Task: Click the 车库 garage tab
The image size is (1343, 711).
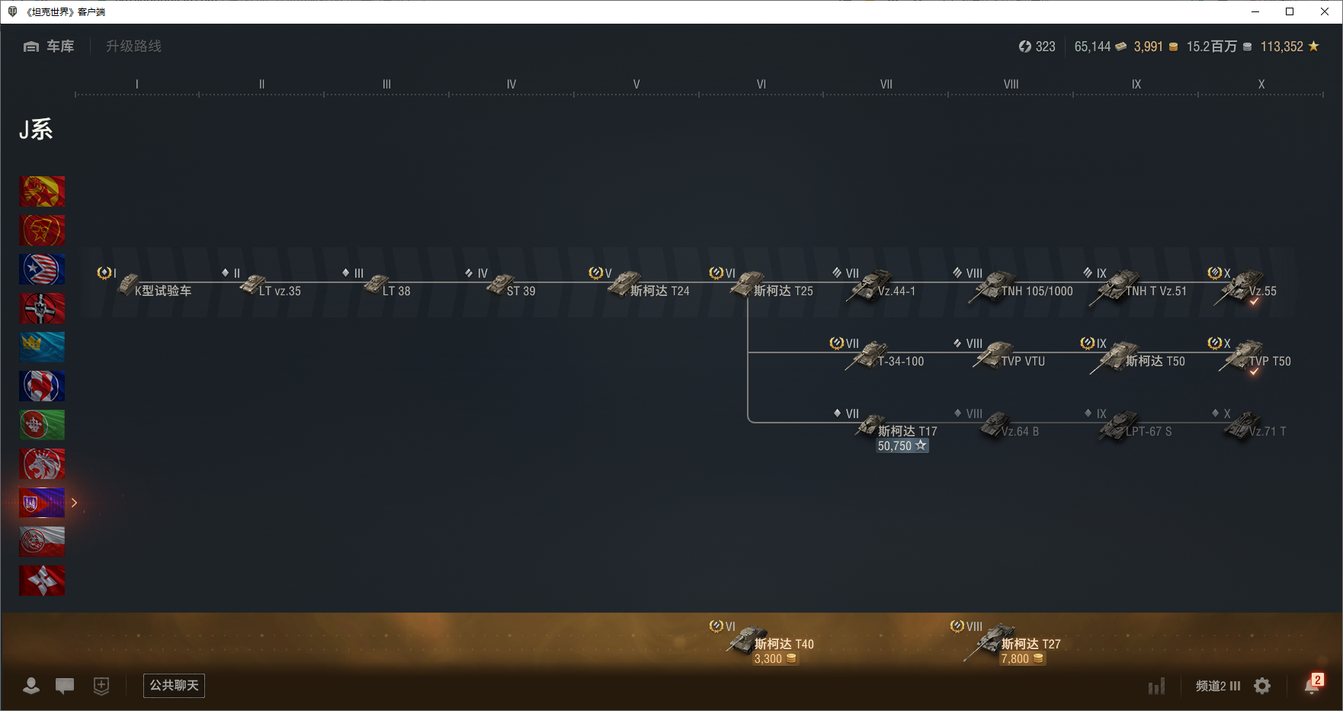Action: pyautogui.click(x=50, y=47)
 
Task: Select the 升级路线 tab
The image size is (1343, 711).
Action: pyautogui.click(x=133, y=47)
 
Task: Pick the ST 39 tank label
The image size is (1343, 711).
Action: pyautogui.click(x=521, y=291)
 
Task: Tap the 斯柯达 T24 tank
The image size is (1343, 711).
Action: pyautogui.click(x=648, y=288)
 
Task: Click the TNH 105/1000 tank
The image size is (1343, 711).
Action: pyautogui.click(x=1021, y=288)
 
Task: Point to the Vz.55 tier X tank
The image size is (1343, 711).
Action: pyautogui.click(x=1250, y=288)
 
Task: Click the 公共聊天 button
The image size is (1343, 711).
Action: pyautogui.click(x=174, y=686)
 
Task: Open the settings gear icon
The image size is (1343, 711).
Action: pyautogui.click(x=1262, y=686)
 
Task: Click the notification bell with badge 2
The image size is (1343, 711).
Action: pyautogui.click(x=1312, y=685)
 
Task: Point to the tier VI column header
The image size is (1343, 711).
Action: pyautogui.click(x=761, y=85)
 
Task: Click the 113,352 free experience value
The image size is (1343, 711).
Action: pyautogui.click(x=1281, y=47)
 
